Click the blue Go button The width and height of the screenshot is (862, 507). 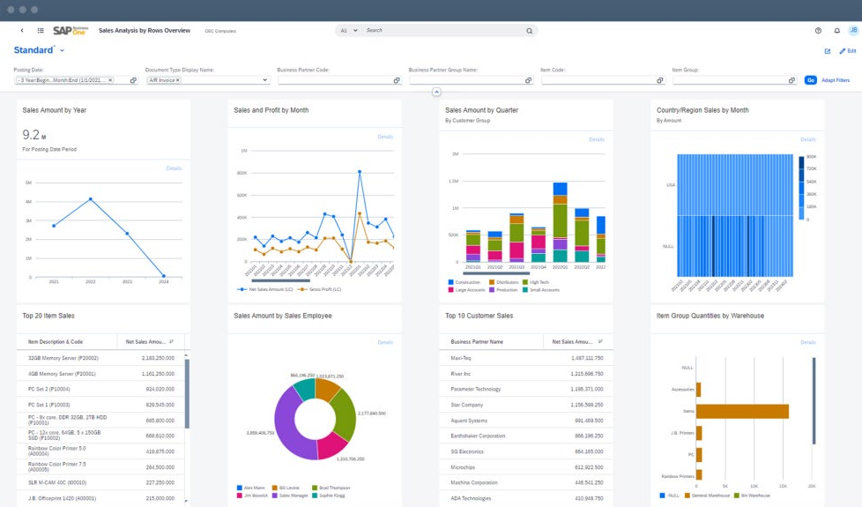coord(811,80)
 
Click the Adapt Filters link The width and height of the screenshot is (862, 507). coord(836,80)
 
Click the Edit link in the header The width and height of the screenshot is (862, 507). coord(851,51)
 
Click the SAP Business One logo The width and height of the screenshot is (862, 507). coord(70,31)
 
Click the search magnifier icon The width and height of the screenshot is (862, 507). coord(530,31)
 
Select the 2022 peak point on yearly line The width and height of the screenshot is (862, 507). coord(90,199)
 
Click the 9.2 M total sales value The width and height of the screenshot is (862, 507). coord(31,135)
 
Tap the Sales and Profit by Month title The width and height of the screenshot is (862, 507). coord(271,110)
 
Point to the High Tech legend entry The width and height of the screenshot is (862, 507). coord(537,282)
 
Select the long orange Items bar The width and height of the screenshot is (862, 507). coord(743,411)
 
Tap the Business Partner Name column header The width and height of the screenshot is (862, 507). coord(478,341)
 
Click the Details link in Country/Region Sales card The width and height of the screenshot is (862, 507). coord(807,139)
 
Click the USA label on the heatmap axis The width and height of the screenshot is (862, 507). coord(669,185)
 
